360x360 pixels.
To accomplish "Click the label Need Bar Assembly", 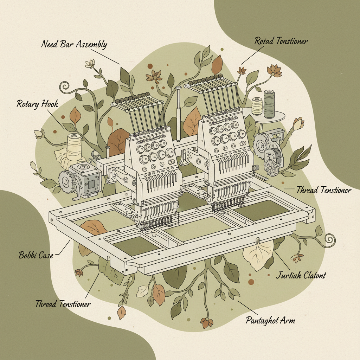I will [x=74, y=45].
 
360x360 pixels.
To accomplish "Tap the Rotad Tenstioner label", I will [x=281, y=41].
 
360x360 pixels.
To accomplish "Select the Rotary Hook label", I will [x=37, y=104].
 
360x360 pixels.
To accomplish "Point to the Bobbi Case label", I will [x=36, y=255].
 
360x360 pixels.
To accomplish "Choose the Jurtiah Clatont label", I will [x=301, y=275].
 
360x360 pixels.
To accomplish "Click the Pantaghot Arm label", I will [x=270, y=320].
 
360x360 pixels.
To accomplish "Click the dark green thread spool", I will [x=269, y=103].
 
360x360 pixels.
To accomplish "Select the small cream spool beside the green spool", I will [x=257, y=106].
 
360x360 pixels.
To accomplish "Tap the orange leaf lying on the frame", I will [x=93, y=227].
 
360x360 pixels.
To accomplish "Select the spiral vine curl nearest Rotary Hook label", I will [x=65, y=86].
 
